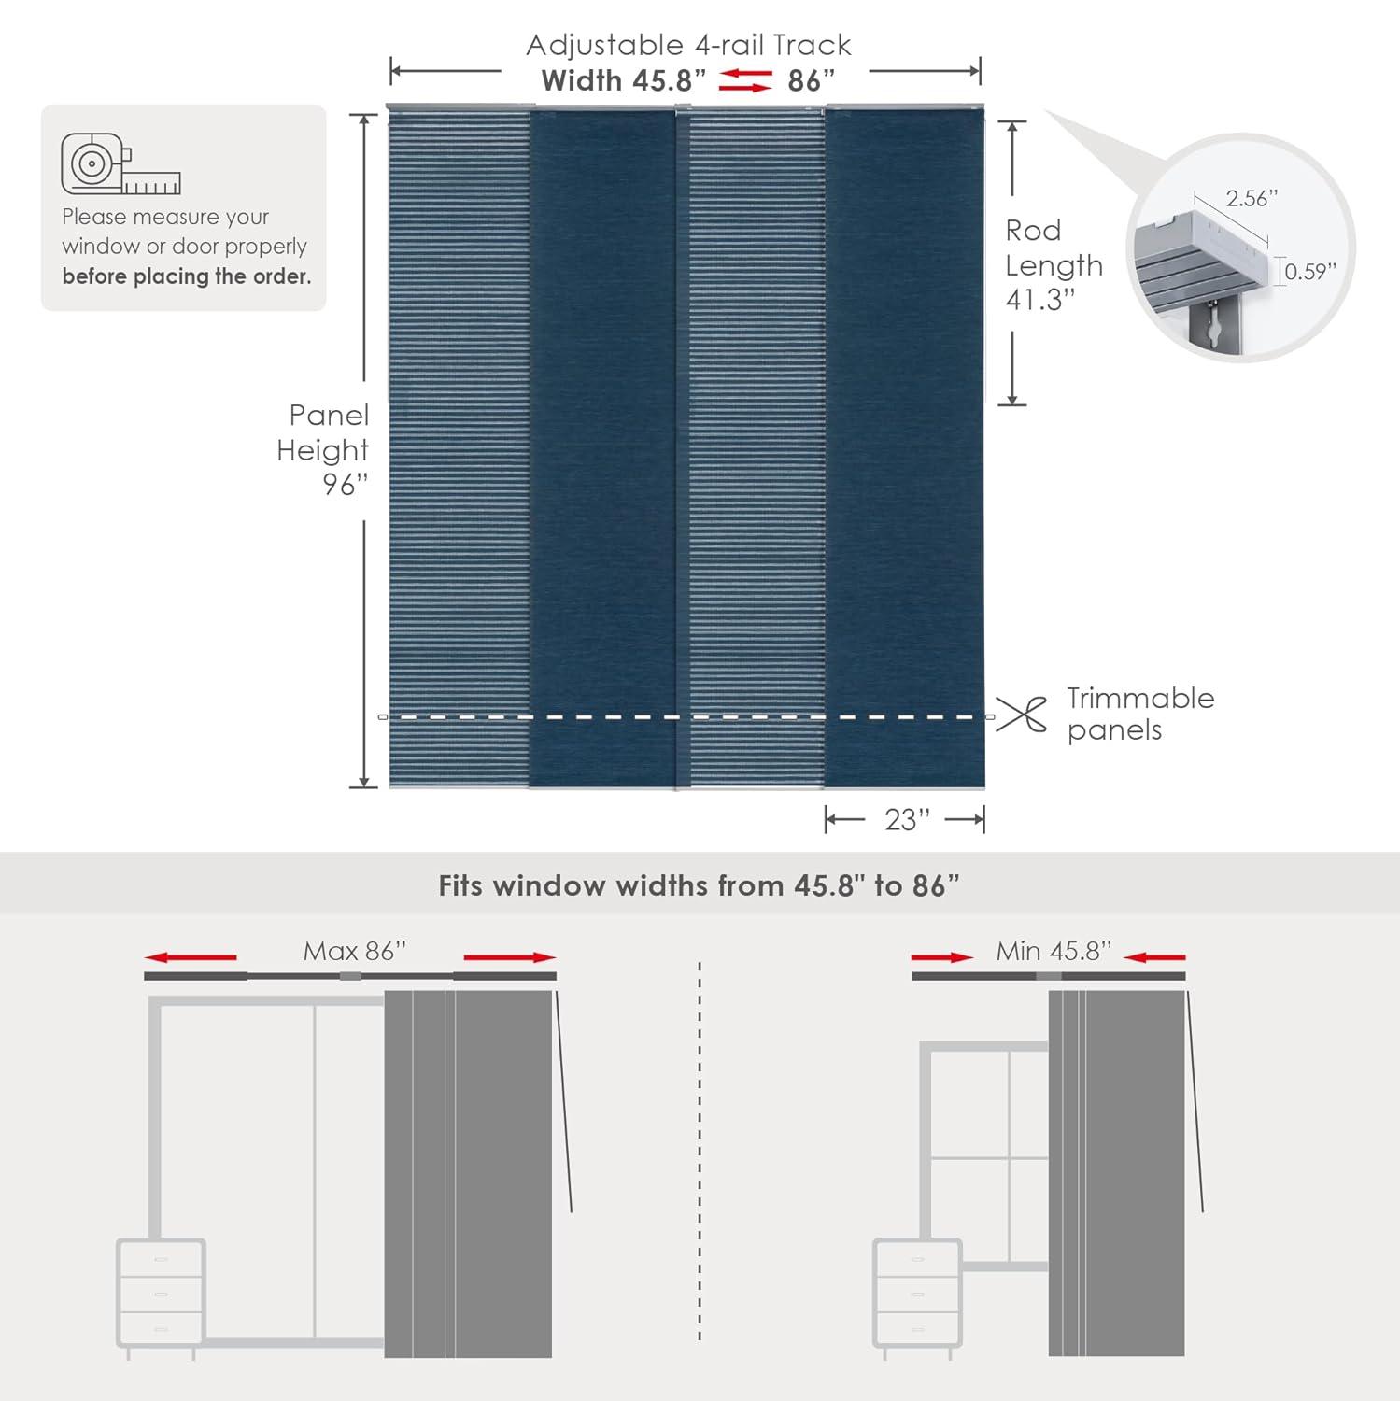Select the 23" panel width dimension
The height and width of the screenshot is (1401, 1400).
pos(907,820)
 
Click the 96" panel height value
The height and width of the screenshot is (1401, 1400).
pos(346,484)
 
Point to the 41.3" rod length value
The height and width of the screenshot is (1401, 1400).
pos(1040,300)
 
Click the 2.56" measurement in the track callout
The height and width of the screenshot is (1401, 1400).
pos(1252,198)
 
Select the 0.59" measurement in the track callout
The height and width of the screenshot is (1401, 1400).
pos(1310,272)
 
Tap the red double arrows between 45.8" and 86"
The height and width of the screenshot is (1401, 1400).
pos(745,80)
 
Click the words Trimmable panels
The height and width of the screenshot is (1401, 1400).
pos(1139,714)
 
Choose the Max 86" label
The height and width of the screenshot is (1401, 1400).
pos(355,951)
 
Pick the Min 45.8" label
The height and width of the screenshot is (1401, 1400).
pos(1054,951)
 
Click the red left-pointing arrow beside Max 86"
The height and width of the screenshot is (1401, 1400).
pos(191,957)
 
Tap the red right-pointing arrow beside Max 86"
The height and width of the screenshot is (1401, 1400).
pos(510,957)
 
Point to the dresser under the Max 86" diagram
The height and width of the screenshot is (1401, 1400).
pos(161,1294)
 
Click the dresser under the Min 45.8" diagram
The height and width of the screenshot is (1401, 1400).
pos(917,1294)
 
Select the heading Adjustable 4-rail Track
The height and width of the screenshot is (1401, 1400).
pos(688,45)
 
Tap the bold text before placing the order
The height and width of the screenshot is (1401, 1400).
pos(187,276)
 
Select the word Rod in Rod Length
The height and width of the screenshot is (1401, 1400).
pos(1033,231)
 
